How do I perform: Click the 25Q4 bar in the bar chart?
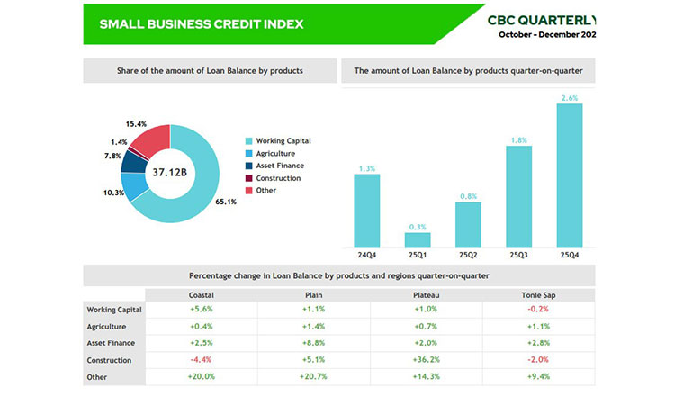570,175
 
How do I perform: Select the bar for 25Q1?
418,240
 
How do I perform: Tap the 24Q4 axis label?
366,256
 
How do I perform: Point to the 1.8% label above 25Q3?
518,139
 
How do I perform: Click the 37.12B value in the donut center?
169,171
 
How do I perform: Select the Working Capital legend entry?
283,140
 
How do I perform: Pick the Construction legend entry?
278,178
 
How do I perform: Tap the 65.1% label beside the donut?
225,202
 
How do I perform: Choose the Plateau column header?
427,292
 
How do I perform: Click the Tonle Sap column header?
538,292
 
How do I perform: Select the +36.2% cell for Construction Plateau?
427,360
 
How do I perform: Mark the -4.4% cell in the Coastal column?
201,360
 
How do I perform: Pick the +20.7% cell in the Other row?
313,377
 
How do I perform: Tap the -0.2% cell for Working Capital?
538,310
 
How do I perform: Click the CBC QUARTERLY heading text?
541,19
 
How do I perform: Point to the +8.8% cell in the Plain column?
313,343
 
